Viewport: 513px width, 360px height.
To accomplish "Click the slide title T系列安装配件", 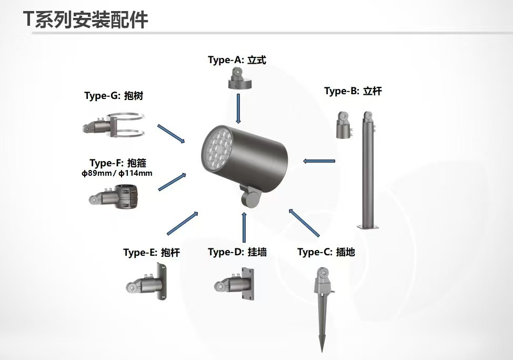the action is [x=86, y=19].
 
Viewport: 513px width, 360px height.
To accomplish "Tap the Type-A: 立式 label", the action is [x=237, y=60].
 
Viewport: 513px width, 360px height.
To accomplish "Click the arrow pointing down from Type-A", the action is [x=238, y=108].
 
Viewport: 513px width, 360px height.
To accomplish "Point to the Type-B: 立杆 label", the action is [x=353, y=91].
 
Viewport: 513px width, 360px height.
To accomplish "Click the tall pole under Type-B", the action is [x=368, y=170].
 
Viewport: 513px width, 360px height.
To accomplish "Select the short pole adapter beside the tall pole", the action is [x=344, y=125].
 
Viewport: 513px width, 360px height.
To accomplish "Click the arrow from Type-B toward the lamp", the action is [x=319, y=161].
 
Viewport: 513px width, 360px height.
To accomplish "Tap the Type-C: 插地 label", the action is [x=326, y=252].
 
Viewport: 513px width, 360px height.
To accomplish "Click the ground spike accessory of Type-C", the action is [x=322, y=308].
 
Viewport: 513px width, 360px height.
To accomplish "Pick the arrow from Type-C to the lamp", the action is [x=304, y=223].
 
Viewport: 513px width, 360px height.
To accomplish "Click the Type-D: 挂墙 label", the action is [x=237, y=252].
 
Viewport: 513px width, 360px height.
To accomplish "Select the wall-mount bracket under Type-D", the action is [x=234, y=283].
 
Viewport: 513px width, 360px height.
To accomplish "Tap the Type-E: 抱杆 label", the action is [x=152, y=253].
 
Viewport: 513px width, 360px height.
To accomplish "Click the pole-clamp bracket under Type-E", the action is [x=147, y=283].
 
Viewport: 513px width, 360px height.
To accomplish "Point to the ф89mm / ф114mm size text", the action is [x=117, y=173].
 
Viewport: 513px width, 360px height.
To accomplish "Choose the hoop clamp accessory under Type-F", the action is [x=114, y=196].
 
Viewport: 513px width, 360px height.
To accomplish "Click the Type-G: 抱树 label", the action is [x=114, y=96].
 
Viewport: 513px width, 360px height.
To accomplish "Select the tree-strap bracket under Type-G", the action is [x=113, y=125].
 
